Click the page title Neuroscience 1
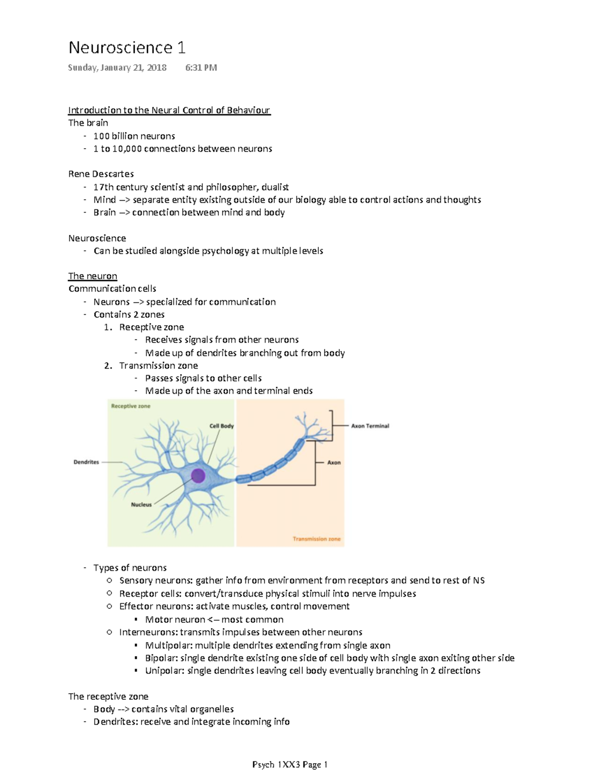tap(127, 48)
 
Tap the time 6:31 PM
tap(201, 67)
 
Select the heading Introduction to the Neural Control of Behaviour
tap(169, 110)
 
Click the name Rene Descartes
tap(101, 174)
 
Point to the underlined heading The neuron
tap(93, 276)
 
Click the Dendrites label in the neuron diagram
tap(86, 462)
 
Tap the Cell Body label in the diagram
tap(221, 426)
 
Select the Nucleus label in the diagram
tap(141, 504)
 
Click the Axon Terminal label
tap(370, 426)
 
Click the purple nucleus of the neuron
tap(198, 476)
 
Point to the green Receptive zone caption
tap(131, 406)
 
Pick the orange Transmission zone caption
tap(316, 539)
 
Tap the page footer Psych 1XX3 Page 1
tap(290, 765)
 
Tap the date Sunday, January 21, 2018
tap(117, 67)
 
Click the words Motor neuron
tap(175, 619)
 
